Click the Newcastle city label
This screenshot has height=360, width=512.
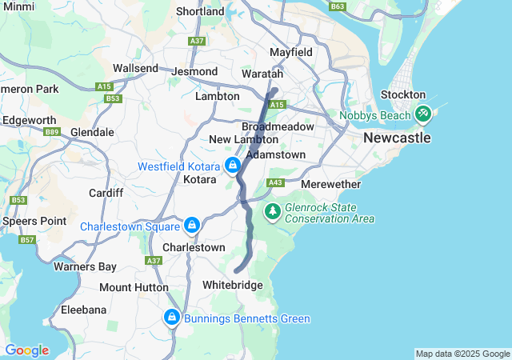[x=397, y=138]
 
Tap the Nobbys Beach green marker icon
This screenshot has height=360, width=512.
[x=423, y=114]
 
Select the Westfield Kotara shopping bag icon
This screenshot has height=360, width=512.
[x=232, y=166]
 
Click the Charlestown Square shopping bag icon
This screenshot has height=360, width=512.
[x=191, y=226]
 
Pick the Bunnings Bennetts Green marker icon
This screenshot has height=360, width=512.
[x=170, y=318]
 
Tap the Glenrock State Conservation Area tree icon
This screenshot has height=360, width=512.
[x=273, y=211]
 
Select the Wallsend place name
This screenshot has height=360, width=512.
[x=136, y=69]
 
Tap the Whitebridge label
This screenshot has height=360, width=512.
[x=232, y=285]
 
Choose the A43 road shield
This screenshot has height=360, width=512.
[x=276, y=183]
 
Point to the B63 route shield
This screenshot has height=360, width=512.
[x=338, y=6]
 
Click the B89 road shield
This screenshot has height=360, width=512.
[x=53, y=131]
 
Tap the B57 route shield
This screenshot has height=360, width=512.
[x=27, y=239]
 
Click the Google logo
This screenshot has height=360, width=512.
[x=26, y=350]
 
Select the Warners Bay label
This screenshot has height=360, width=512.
[x=85, y=266]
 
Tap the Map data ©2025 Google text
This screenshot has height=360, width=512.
[x=462, y=354]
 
